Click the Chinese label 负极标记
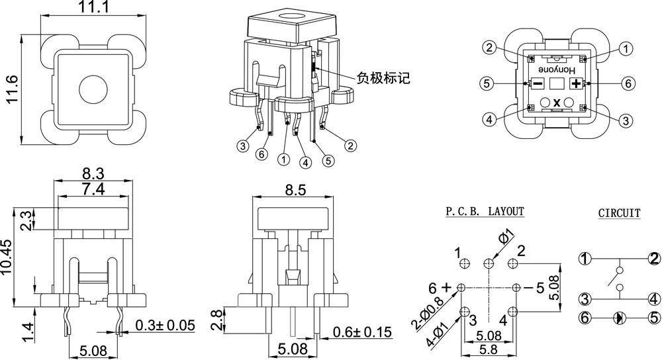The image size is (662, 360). pos(383,78)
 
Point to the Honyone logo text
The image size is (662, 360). pos(557,69)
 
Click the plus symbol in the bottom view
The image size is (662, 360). pos(576,83)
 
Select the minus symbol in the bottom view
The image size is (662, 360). pos(538,83)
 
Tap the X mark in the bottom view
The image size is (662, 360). pos(557,102)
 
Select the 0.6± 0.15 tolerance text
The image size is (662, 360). pos(362,332)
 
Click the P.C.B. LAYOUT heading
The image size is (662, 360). pos(485,212)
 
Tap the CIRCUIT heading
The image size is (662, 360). pos(619,213)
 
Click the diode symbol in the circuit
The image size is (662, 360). pos(619,318)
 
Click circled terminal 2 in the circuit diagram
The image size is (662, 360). pos(653,259)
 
